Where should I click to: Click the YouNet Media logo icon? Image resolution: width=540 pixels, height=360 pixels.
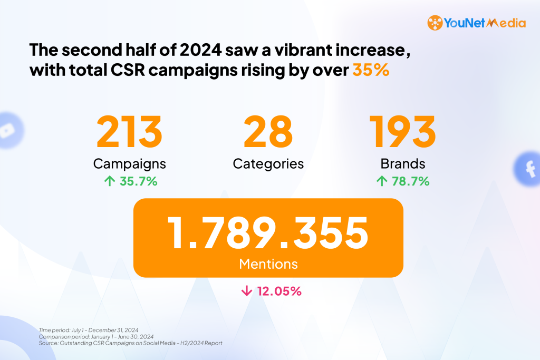coord(435,23)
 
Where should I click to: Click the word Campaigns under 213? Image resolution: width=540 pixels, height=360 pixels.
coord(129,164)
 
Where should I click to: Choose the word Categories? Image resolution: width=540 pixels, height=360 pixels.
coord(268,164)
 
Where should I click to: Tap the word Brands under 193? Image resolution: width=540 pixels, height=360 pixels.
coord(403,164)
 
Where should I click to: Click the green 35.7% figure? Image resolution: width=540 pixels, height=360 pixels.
coord(138,181)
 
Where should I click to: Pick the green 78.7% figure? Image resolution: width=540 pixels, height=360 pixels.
coord(410,181)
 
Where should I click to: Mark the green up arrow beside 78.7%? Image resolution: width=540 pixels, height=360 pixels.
coord(381,181)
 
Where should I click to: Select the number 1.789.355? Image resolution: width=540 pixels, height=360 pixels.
coord(268,233)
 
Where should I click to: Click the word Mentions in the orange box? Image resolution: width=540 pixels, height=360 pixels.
coord(268,264)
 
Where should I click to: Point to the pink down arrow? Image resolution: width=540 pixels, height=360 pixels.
coord(246,291)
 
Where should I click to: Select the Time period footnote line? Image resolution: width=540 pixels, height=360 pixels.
coord(89,330)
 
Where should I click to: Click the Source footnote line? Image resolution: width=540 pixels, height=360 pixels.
coord(130,343)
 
